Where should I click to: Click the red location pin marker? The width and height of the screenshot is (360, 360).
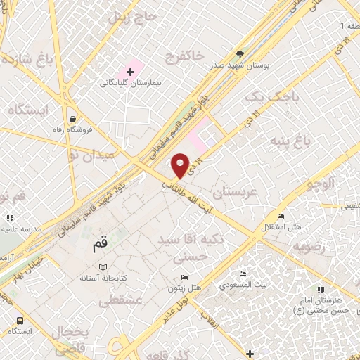[181, 166]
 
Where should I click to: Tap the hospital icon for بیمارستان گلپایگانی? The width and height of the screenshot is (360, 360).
[131, 72]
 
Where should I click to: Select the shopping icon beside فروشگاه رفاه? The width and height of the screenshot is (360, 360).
[73, 119]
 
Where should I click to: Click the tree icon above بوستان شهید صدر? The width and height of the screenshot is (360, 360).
[240, 54]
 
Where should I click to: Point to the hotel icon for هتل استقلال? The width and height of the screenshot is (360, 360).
[281, 216]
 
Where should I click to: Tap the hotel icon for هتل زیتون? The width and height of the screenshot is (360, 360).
[184, 277]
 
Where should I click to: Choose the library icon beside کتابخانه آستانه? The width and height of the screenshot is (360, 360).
[103, 267]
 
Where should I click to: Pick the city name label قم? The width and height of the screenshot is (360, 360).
[101, 246]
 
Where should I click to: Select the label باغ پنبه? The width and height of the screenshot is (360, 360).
[290, 142]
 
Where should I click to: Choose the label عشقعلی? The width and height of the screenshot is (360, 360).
[122, 301]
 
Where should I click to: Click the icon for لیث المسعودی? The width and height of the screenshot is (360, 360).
[243, 274]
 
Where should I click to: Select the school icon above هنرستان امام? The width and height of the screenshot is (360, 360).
[320, 289]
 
